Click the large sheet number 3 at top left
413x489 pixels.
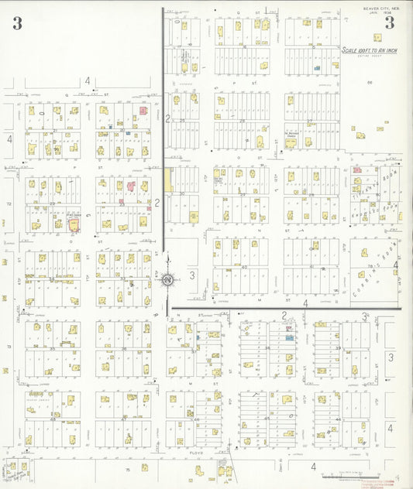(17, 23)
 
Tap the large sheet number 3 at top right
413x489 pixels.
(390, 22)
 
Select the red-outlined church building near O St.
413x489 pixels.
(74, 224)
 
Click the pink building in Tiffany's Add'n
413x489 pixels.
(357, 169)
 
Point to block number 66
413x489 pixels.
(370, 83)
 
